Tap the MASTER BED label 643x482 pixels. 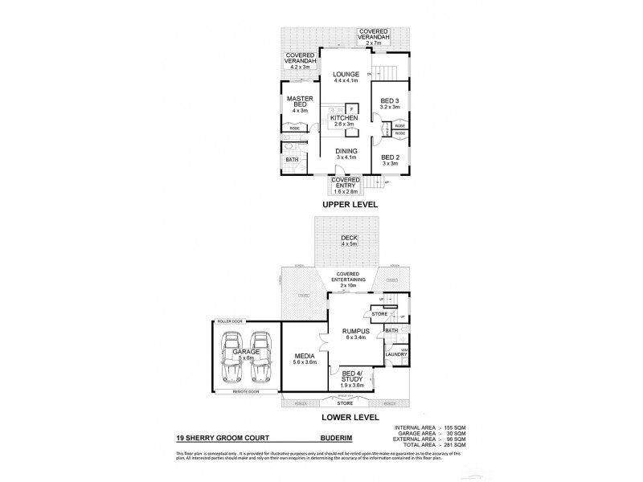299,101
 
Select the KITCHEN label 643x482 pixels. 344,118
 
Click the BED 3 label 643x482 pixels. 390,100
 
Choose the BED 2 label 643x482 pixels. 390,157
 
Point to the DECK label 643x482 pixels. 347,238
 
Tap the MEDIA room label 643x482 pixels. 303,357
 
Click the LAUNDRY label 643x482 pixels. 394,354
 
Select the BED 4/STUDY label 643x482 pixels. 354,378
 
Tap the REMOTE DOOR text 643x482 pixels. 245,391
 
